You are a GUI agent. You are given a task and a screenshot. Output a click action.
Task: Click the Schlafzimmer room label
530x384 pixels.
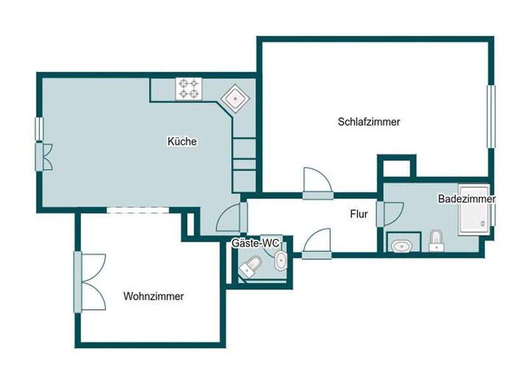click(x=369, y=122)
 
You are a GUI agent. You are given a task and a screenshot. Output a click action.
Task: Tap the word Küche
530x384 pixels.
click(x=182, y=141)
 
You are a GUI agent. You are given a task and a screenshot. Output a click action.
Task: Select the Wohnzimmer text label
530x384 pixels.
click(x=153, y=296)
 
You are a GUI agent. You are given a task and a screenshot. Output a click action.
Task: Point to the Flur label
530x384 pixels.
click(x=359, y=214)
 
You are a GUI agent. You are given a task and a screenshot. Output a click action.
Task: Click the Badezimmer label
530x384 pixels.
click(x=466, y=199)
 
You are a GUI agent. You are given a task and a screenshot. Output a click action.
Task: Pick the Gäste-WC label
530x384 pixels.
click(x=255, y=243)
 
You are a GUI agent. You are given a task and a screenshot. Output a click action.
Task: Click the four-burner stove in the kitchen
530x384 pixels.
click(x=189, y=89)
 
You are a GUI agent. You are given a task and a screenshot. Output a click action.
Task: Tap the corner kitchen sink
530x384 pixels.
click(x=235, y=98)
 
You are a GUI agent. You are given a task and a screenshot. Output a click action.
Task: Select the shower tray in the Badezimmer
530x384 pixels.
click(x=474, y=209)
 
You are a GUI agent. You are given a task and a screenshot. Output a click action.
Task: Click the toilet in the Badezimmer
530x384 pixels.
click(x=436, y=241)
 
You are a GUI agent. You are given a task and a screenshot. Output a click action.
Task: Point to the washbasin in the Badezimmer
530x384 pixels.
click(x=402, y=246)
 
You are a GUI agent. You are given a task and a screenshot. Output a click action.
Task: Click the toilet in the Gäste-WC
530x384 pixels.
click(x=250, y=267)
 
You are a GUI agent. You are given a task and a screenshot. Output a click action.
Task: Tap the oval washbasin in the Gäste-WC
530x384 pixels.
click(x=280, y=261)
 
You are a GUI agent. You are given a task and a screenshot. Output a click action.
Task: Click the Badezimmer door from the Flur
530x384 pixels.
click(x=390, y=215)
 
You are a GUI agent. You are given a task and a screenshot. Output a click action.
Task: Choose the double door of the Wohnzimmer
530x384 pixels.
click(x=90, y=282)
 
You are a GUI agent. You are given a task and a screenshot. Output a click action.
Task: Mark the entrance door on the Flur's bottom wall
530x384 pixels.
click(x=316, y=244)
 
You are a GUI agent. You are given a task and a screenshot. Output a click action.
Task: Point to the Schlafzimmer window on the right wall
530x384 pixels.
click(x=491, y=117)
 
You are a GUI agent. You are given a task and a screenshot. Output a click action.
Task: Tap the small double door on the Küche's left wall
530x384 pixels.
click(x=44, y=157)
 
